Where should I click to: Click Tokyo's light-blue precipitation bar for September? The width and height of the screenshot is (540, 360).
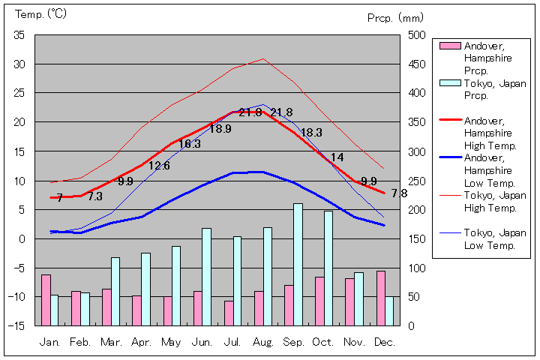[298, 264]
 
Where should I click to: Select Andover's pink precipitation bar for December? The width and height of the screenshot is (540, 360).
[381, 298]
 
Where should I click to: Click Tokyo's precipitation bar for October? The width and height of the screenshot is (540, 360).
[328, 268]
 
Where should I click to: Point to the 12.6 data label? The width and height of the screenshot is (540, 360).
[159, 166]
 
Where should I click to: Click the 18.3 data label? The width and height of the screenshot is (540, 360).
[311, 133]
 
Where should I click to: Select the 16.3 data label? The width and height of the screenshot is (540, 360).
[190, 144]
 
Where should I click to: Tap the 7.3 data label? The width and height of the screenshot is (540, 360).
[95, 196]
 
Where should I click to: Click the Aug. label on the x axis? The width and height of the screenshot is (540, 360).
[262, 342]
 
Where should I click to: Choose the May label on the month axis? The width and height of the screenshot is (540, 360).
[171, 342]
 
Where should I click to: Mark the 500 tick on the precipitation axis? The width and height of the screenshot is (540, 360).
[418, 35]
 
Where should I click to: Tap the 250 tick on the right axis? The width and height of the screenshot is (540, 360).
[418, 181]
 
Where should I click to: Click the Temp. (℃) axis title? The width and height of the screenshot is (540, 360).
[41, 14]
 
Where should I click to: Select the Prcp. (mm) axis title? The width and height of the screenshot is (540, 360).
[396, 17]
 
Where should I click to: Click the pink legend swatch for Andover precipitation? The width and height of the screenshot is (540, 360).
[448, 46]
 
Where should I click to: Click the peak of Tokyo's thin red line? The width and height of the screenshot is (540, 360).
[262, 58]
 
